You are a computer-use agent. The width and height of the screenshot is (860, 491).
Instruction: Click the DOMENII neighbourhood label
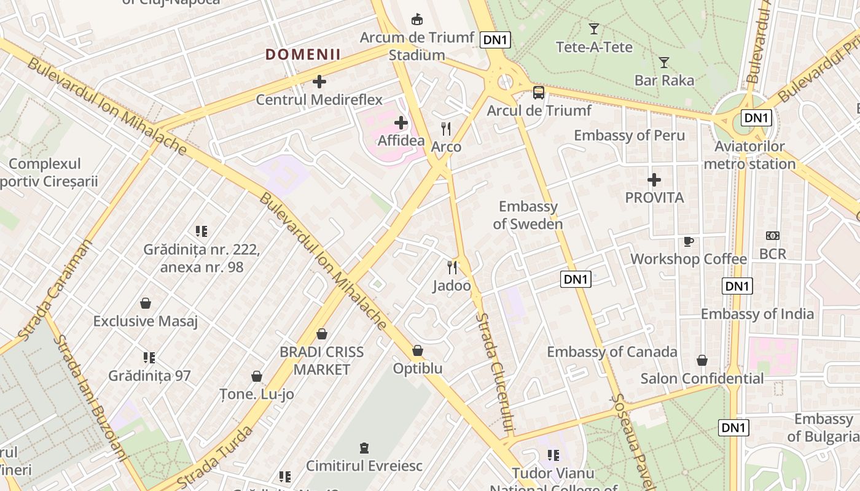(x=303, y=55)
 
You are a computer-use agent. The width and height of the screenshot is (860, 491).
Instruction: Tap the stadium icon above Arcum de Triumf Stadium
(x=417, y=19)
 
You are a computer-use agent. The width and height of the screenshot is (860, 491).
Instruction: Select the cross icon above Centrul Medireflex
(x=319, y=81)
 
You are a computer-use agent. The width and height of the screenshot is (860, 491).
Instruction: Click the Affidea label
(x=401, y=141)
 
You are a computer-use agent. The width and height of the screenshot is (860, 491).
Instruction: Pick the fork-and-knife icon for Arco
(x=446, y=129)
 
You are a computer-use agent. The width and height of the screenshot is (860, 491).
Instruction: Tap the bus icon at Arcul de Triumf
(x=538, y=93)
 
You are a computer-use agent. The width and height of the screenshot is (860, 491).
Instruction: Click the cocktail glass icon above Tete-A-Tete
(x=593, y=29)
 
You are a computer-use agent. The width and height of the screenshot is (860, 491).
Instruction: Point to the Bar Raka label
(x=664, y=80)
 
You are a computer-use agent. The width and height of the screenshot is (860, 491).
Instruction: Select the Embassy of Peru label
(x=629, y=135)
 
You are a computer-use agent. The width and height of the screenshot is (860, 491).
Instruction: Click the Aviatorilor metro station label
(x=749, y=155)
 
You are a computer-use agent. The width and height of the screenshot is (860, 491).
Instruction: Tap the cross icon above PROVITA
(x=654, y=180)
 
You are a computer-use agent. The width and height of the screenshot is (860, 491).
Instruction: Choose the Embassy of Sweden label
(x=528, y=215)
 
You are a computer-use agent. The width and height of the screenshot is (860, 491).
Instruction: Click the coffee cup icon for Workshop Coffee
(x=689, y=241)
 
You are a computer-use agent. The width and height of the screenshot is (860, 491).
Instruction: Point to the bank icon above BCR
(x=772, y=236)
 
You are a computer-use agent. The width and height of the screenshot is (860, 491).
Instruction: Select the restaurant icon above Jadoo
(x=452, y=268)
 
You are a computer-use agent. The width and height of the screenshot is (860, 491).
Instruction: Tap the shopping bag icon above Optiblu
(x=418, y=350)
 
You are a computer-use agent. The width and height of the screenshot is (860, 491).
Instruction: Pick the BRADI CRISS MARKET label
(x=321, y=361)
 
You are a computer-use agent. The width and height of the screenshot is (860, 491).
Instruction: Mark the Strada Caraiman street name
(x=55, y=290)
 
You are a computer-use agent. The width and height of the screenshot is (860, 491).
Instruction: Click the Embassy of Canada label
(x=612, y=352)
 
